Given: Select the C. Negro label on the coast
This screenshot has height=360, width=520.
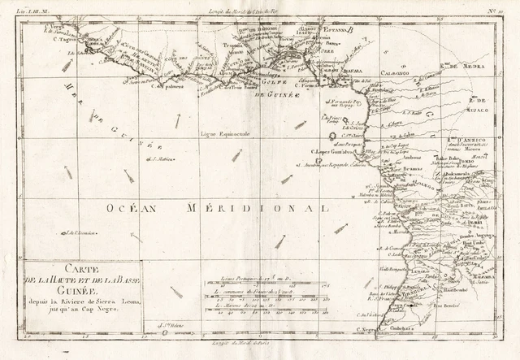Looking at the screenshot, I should point(368,329).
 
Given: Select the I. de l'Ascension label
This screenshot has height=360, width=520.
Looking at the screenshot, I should point(81,233).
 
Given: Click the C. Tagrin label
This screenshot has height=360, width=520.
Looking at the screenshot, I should point(65,38).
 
